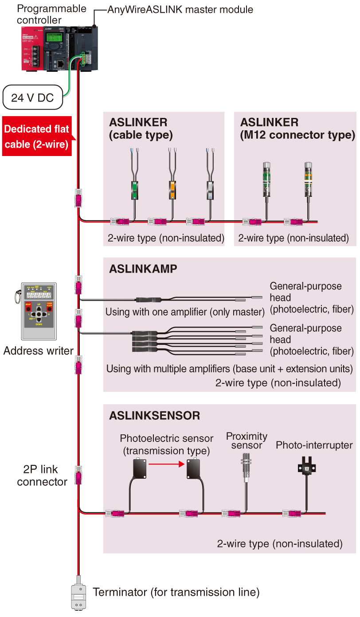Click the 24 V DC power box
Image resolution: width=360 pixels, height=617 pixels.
click(x=33, y=98)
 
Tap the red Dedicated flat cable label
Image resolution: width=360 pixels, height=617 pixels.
click(x=37, y=137)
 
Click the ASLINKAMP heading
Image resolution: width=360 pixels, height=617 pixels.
click(x=143, y=269)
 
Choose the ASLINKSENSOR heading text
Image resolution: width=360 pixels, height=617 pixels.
click(x=154, y=416)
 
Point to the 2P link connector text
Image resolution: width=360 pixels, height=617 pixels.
click(x=41, y=476)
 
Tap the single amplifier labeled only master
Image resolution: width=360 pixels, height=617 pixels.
click(x=145, y=300)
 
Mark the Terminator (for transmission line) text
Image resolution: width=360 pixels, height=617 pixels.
click(x=176, y=592)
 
